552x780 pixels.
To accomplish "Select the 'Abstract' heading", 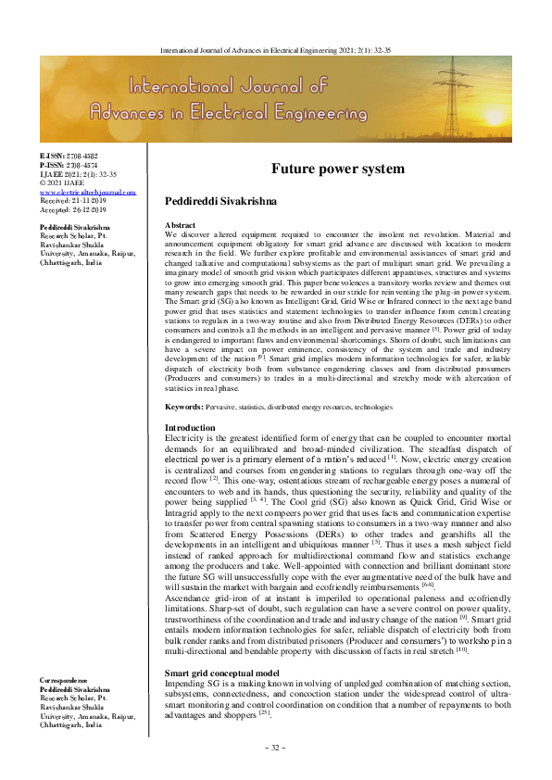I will (x=181, y=226).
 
